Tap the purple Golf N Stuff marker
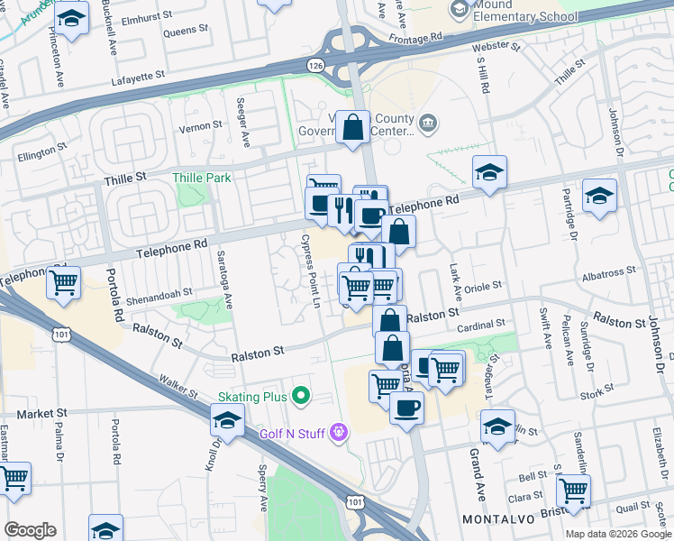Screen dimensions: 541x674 coord(338,434)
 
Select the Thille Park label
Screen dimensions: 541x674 coord(205,178)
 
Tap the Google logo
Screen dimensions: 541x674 coord(29,530)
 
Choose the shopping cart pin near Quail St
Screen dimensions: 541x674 coord(573,490)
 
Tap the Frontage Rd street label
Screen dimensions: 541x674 coord(417,37)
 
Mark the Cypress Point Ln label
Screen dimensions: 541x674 coord(310,269)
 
